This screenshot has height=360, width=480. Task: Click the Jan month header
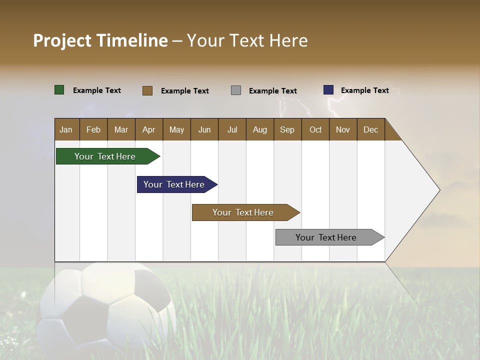pyautogui.click(x=66, y=129)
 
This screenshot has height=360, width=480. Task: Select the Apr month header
pyautogui.click(x=148, y=129)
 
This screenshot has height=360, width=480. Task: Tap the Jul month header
pyautogui.click(x=232, y=129)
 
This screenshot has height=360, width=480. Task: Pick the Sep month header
pyautogui.click(x=287, y=129)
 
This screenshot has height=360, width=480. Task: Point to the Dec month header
pyautogui.click(x=370, y=129)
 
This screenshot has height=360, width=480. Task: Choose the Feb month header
pyautogui.click(x=93, y=129)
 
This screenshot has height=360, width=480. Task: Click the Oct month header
pyautogui.click(x=315, y=129)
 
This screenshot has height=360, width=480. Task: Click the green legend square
pyautogui.click(x=59, y=90)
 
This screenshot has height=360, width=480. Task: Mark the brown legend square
pyautogui.click(x=147, y=90)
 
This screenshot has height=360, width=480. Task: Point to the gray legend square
pyautogui.click(x=236, y=90)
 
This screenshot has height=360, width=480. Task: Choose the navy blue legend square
pyautogui.click(x=328, y=90)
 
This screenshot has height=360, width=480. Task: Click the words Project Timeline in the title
pyautogui.click(x=100, y=40)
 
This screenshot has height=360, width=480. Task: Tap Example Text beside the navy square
pyautogui.click(x=364, y=90)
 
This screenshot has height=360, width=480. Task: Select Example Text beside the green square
pyautogui.click(x=96, y=90)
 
